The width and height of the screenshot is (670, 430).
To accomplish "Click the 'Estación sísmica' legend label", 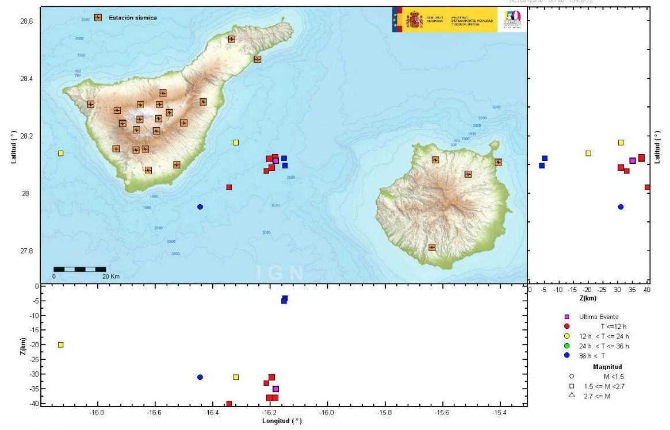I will click(132, 18).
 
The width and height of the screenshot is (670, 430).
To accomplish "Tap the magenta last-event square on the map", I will click(275, 160).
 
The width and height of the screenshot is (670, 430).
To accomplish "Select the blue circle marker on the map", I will click(200, 207).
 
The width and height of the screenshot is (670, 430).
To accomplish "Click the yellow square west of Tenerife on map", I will click(60, 153).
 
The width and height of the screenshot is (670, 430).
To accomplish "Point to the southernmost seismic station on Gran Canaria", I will click(432, 247).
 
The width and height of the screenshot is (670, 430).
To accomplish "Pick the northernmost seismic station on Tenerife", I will click(232, 39).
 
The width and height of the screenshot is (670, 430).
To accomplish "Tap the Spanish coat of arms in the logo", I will click(414, 20).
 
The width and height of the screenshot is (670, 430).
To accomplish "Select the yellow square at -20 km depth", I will click(60, 345).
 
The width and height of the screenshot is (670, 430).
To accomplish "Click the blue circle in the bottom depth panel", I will click(200, 377).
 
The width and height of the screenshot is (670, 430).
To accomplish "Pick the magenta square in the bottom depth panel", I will click(275, 389).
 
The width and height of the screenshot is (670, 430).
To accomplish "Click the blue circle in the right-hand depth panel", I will click(621, 207).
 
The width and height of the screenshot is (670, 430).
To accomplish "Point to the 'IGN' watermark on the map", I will click(282, 272).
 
